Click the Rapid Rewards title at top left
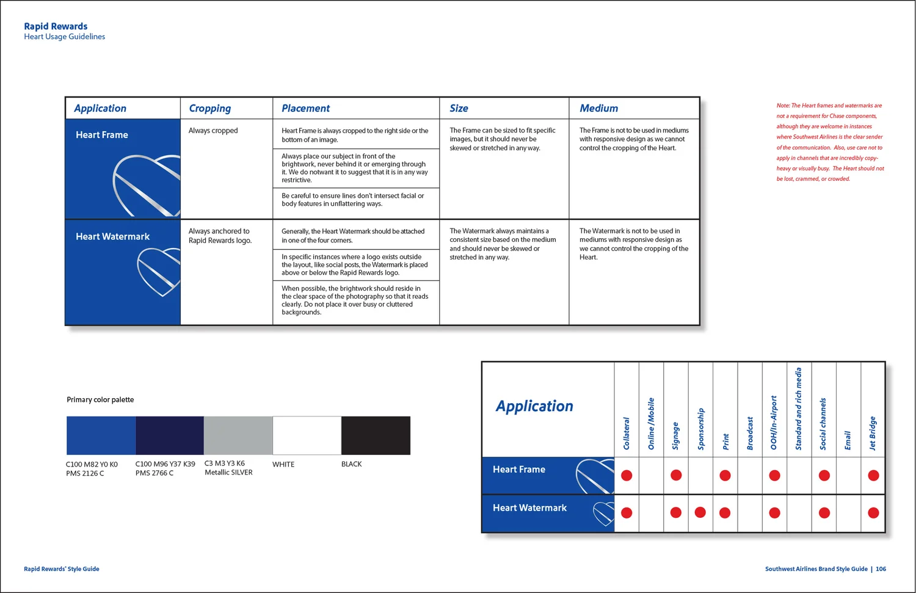click(56, 26)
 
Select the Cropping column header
click(209, 108)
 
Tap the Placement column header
click(305, 108)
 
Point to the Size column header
click(459, 108)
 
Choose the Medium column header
click(598, 108)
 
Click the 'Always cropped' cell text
click(213, 131)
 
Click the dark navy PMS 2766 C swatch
click(169, 435)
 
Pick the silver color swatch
click(238, 435)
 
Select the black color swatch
click(376, 435)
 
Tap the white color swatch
click(307, 435)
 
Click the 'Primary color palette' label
click(100, 399)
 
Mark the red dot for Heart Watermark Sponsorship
click(700, 512)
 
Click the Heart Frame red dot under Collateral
click(627, 475)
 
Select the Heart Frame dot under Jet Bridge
click(873, 475)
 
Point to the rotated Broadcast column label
click(750, 434)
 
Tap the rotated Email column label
click(848, 440)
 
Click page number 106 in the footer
click(881, 569)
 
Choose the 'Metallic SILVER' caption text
click(228, 473)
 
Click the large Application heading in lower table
click(534, 406)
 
